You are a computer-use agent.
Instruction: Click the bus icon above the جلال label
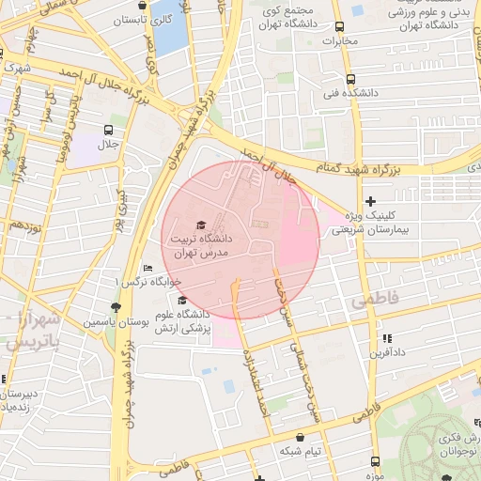[109, 130]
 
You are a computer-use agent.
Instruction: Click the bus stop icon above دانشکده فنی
[350, 79]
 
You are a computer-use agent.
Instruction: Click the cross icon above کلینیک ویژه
[370, 201]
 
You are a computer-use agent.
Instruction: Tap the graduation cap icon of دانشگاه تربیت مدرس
[199, 225]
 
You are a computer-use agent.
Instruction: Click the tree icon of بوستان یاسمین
[116, 307]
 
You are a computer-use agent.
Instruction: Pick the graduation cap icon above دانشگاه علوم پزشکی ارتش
[181, 300]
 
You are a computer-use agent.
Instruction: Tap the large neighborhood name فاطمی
[375, 300]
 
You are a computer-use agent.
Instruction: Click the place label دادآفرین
[385, 353]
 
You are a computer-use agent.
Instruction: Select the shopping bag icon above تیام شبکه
[300, 437]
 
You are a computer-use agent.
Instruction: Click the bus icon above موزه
[376, 461]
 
